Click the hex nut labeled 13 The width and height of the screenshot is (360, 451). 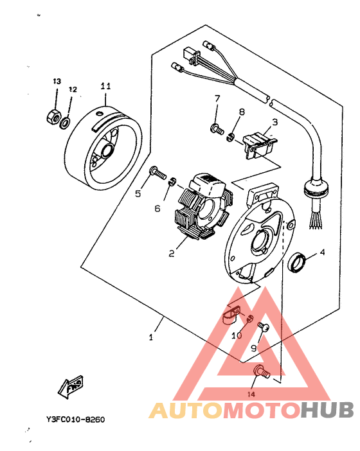pos(53,116)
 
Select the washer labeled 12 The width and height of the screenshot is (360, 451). pos(64,123)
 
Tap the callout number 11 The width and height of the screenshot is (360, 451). pos(105,86)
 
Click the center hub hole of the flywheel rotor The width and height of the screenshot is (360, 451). pos(107,150)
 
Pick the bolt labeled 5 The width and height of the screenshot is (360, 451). pos(158,172)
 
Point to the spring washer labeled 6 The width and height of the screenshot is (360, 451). pos(172,182)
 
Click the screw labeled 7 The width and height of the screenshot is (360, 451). pos(217,129)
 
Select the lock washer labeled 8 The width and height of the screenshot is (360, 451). pos(230,137)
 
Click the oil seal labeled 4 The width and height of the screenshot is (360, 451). pos(298,261)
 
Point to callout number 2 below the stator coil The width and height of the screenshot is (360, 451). pos(172,253)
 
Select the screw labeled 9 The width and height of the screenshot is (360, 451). pos(263,326)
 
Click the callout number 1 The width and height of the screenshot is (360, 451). pos(151,337)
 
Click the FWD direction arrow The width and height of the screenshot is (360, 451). pos(71,386)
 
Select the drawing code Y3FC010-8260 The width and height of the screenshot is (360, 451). pos(76,420)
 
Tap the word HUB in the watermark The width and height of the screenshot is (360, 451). pos(328,410)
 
